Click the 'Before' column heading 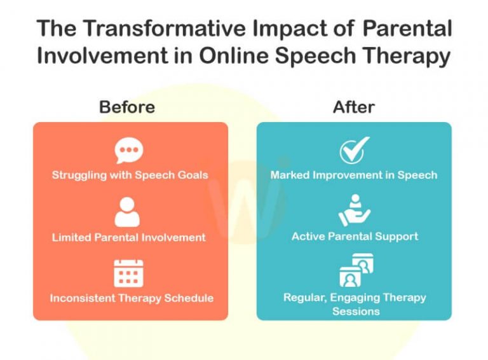127,107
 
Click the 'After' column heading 353,107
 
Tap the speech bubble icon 129,151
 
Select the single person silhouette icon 127,212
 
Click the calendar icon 128,273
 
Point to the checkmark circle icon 353,151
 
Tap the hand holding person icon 354,211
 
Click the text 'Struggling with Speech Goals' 130,175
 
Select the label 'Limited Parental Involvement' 129,237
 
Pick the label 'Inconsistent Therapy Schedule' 132,298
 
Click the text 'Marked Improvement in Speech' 354,175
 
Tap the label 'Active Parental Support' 355,237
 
